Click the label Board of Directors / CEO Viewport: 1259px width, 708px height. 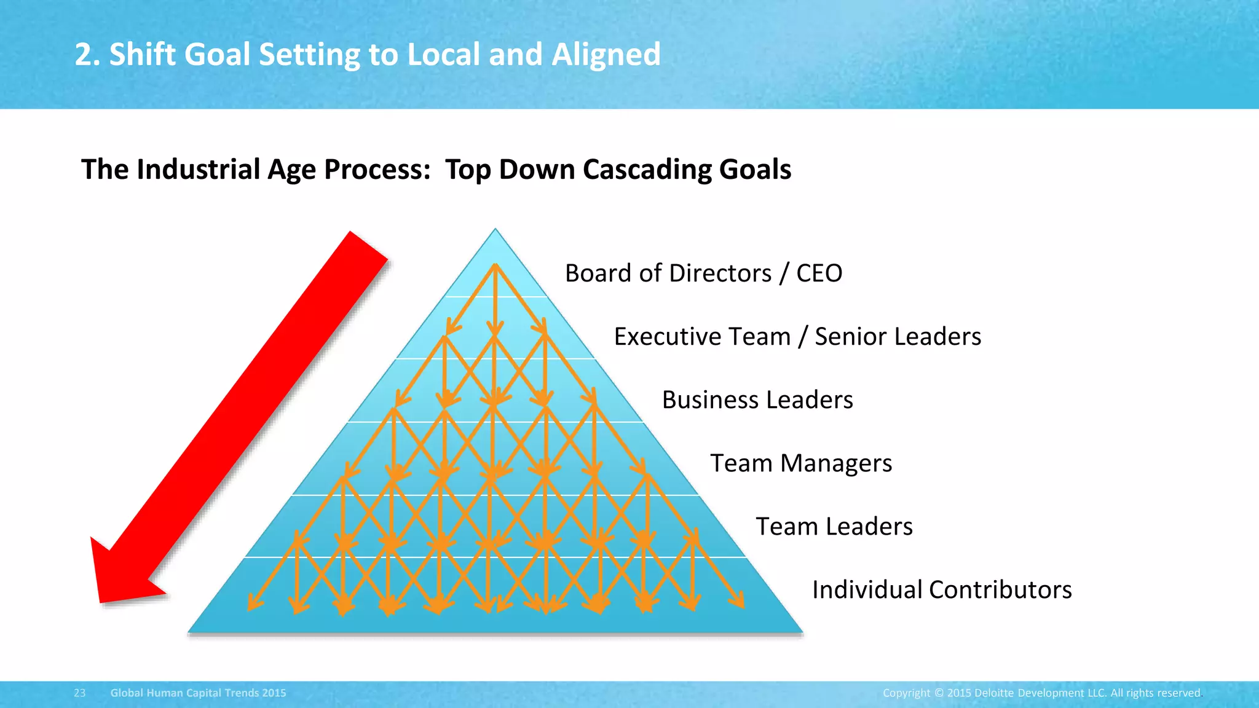point(703,273)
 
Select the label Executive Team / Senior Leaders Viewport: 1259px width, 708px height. point(797,337)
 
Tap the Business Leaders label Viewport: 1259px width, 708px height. point(757,400)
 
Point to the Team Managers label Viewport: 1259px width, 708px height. point(801,463)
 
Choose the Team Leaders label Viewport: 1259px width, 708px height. point(834,527)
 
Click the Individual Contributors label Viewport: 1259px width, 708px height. point(942,590)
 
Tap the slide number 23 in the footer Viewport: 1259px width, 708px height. point(80,693)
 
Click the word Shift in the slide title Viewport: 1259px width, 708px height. point(143,55)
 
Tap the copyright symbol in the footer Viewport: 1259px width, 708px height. point(939,693)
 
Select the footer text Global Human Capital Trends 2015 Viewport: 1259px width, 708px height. point(198,693)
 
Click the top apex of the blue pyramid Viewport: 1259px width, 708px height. point(495,230)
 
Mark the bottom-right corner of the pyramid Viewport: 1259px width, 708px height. point(802,632)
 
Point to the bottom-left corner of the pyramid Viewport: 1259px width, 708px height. point(189,632)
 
